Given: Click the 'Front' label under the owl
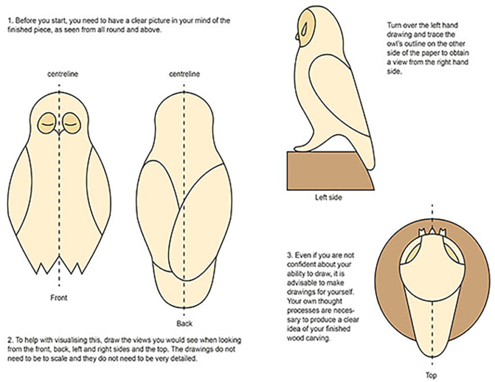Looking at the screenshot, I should [x=58, y=298].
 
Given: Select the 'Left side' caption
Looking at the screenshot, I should [x=328, y=198].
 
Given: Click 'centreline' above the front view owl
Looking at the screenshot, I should [x=59, y=74].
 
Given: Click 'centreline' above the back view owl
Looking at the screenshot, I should [x=184, y=74].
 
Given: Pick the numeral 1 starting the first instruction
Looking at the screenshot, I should [x=10, y=21].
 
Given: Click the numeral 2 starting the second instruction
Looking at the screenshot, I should [x=10, y=340].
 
